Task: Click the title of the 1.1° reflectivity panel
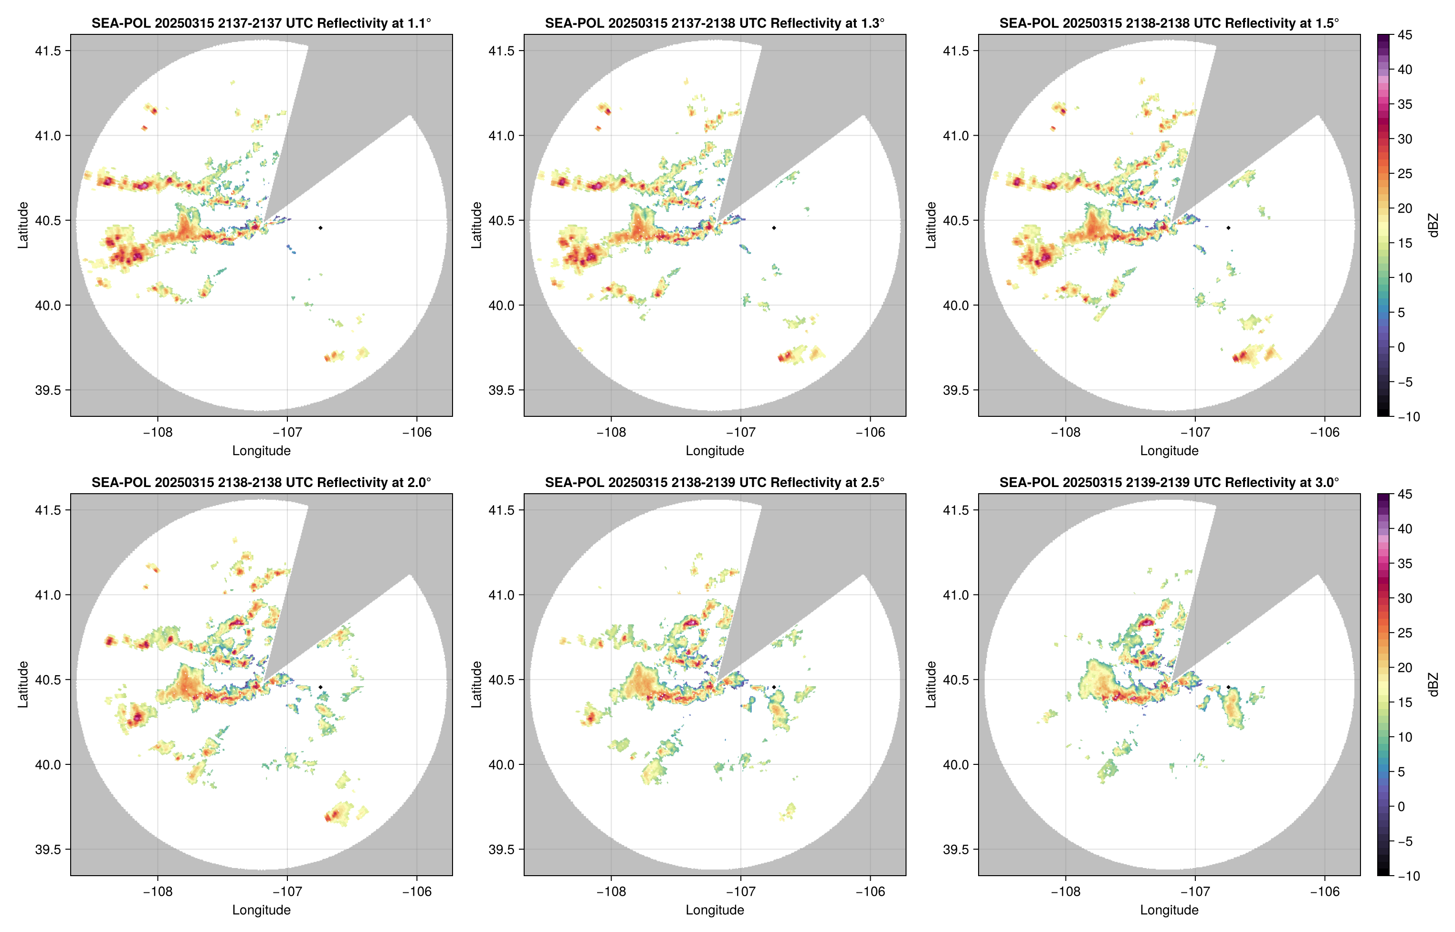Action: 261,23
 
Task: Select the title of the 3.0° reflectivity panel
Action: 1169,482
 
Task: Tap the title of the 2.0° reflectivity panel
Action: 261,482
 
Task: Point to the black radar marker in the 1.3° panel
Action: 774,228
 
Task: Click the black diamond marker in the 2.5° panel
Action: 774,687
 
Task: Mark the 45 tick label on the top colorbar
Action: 1405,35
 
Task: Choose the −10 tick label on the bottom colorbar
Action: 1408,876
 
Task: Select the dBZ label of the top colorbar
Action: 1433,225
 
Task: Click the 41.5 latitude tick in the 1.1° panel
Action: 48,51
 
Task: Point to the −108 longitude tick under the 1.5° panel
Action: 1065,433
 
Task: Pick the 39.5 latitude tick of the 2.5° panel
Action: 502,849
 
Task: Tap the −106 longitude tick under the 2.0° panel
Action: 417,892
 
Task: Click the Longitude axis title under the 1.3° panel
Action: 715,451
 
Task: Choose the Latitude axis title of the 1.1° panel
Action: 23,225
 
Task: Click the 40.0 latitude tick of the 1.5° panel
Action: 956,306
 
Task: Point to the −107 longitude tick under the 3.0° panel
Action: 1195,892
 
